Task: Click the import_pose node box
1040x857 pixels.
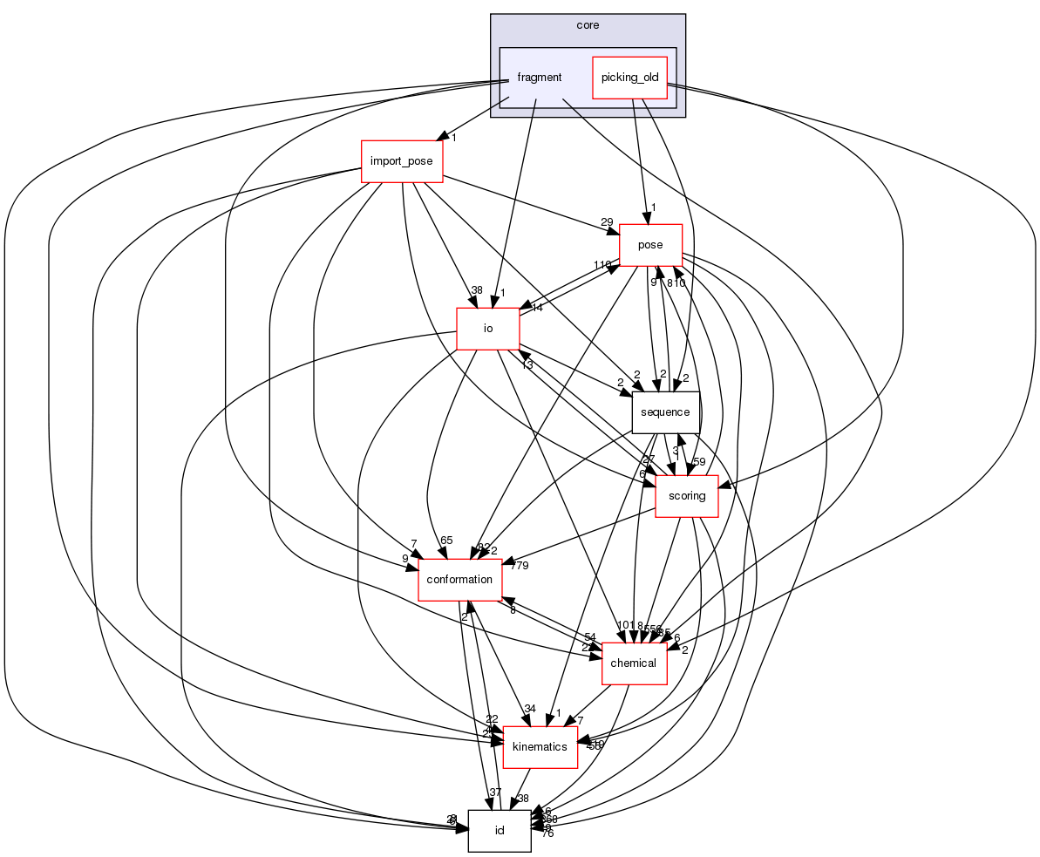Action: click(x=403, y=161)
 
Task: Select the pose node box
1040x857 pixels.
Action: click(x=650, y=245)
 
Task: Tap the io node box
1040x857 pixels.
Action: click(x=488, y=329)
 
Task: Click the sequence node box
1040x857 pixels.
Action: click(x=665, y=412)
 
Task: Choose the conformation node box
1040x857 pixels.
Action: click(x=459, y=580)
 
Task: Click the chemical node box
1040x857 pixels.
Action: click(x=634, y=663)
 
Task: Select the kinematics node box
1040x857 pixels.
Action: click(x=540, y=747)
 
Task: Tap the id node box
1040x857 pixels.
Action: click(x=500, y=830)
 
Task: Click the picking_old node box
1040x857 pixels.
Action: click(x=629, y=78)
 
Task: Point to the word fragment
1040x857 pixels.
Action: click(x=539, y=78)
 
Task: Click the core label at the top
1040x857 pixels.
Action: click(x=588, y=25)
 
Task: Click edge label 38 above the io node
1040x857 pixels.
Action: click(x=476, y=289)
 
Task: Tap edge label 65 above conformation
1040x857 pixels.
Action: click(x=447, y=541)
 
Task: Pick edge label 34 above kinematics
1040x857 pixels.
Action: click(x=529, y=708)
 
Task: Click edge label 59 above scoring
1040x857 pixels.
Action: click(x=699, y=461)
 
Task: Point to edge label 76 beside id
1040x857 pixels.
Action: click(x=547, y=833)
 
